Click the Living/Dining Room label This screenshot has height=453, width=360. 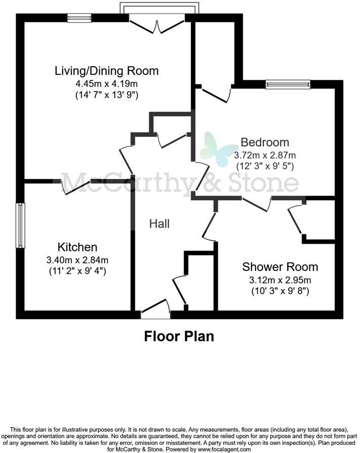pyautogui.click(x=107, y=71)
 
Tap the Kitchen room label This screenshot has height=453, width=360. pyautogui.click(x=77, y=247)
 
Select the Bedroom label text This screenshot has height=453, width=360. pyautogui.click(x=265, y=142)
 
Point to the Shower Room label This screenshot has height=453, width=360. pyautogui.click(x=280, y=266)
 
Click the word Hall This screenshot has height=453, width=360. pyautogui.click(x=159, y=223)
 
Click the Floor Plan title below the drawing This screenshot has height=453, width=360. pyautogui.click(x=179, y=336)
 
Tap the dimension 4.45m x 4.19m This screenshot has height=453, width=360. pyautogui.click(x=107, y=83)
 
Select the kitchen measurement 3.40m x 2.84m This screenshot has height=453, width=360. pyautogui.click(x=77, y=260)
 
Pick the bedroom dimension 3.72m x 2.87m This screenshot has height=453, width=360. pyautogui.click(x=265, y=154)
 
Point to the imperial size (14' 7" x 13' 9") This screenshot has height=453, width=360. pyautogui.click(x=107, y=95)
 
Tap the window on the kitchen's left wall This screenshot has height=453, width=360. pyautogui.click(x=20, y=225)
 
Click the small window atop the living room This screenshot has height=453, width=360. pyautogui.click(x=79, y=18)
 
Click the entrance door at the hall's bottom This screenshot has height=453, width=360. pyautogui.click(x=155, y=309)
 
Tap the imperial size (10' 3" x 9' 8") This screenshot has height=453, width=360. pyautogui.click(x=280, y=291)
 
